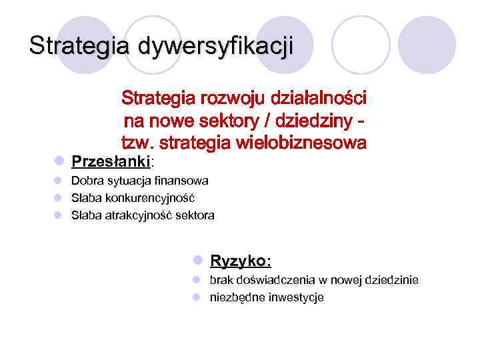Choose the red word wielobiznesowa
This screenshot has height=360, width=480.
309,143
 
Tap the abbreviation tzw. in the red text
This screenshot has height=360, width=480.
137,143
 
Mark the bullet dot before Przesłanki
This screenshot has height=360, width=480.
59,161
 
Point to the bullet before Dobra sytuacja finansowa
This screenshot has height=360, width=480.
59,181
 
